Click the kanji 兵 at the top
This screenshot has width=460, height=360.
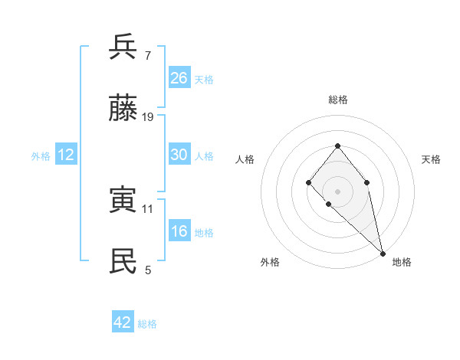123,47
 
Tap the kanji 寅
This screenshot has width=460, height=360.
123,200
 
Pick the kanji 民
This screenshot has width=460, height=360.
123,261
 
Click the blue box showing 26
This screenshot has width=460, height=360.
179,78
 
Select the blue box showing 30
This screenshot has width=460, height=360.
179,155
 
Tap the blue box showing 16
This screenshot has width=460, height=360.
179,232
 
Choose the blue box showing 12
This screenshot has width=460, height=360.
65,155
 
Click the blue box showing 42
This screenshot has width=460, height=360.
123,322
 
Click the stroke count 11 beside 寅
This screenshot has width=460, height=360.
148,208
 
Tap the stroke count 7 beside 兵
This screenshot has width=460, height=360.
148,55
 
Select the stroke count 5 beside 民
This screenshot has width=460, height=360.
148,270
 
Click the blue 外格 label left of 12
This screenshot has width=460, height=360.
41,155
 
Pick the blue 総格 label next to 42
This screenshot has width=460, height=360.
147,323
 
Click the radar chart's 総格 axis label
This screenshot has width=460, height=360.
337,100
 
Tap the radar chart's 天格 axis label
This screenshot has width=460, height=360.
431,159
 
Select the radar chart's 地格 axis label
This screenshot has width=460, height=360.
402,262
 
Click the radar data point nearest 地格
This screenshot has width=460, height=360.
382,253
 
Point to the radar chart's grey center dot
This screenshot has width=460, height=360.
337,191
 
